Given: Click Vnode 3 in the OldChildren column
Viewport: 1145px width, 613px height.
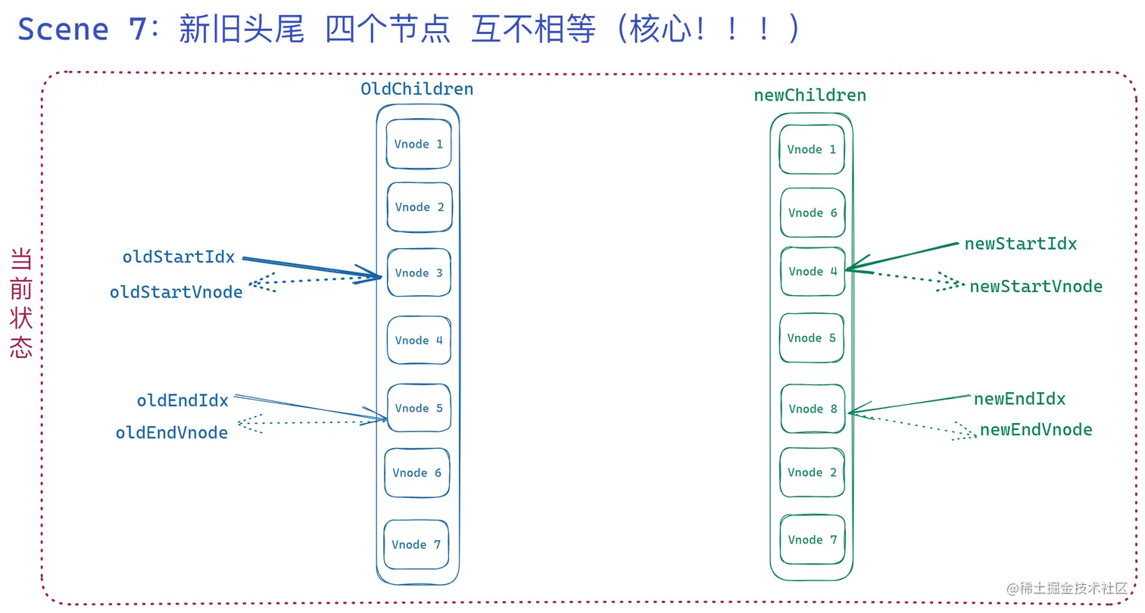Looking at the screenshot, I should point(419,273).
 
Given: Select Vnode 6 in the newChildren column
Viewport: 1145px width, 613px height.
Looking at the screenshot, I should point(813,213).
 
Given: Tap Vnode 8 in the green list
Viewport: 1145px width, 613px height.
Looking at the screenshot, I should point(813,409).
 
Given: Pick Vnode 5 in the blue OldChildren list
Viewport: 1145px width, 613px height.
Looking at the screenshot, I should point(419,409).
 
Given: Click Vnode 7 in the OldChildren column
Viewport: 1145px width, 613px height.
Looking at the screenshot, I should point(416,545).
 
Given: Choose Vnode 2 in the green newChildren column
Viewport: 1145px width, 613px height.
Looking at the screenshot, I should point(813,473).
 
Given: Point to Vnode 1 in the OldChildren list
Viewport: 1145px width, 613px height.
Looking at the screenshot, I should point(419,144).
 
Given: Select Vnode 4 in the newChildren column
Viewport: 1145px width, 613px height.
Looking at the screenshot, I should point(813,272).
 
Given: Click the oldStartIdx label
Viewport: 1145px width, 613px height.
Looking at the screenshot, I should point(179,257).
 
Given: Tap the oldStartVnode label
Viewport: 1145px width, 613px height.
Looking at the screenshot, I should point(176,292).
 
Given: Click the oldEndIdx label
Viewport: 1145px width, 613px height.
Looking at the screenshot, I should point(183,401).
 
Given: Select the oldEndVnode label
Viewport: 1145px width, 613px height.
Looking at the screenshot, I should point(172,433).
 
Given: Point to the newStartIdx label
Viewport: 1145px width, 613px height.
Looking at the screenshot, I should point(1020,244).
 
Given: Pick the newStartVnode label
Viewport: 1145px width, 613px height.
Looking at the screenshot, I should point(1036,287).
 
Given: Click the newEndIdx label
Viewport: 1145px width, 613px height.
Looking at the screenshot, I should point(1019,400).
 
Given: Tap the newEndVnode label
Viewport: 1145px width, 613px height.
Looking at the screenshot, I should point(1036,431).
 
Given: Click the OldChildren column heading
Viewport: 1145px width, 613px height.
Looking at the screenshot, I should point(417,89).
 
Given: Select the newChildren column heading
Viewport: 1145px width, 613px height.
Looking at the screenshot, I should point(810,96).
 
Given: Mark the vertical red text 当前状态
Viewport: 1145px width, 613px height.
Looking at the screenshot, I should point(21,303).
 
